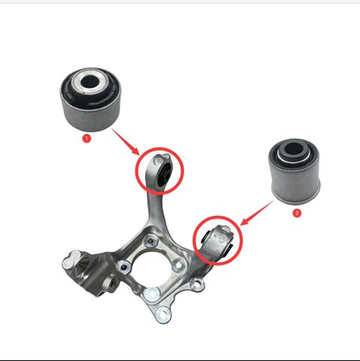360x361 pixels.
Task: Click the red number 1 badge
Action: [86, 138]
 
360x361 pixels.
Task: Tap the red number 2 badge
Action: [297, 213]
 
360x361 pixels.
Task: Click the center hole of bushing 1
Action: [89, 81]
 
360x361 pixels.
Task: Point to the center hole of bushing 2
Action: [294, 149]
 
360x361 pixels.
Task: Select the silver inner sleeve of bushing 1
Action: [89, 81]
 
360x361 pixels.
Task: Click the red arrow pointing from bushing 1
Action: [126, 141]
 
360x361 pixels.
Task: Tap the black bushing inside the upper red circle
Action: [164, 174]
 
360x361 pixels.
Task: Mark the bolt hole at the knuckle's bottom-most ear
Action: [163, 314]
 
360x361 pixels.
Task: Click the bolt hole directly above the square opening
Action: [151, 241]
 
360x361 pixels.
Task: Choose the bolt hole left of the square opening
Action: [123, 268]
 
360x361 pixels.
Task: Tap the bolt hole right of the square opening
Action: [180, 265]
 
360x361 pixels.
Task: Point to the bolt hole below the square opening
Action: [151, 294]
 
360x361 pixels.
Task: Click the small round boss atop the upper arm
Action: [158, 160]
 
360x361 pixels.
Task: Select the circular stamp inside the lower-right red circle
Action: [221, 237]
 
